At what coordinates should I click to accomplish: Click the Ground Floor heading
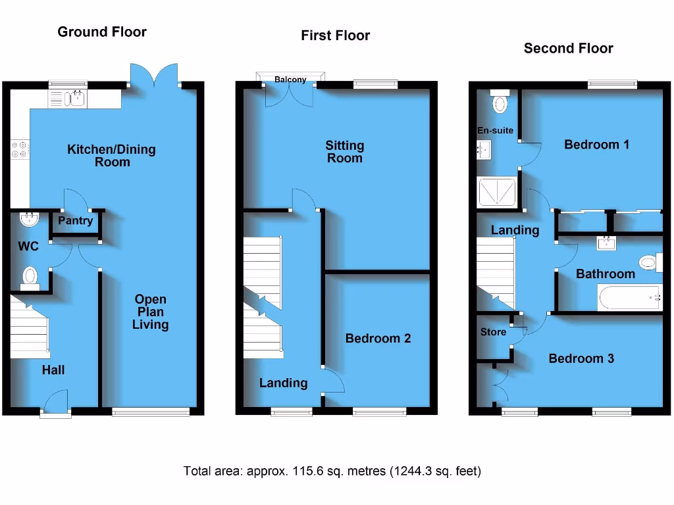coord(102,32)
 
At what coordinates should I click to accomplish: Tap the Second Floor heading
coord(568,48)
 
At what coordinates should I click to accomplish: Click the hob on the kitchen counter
coord(19,150)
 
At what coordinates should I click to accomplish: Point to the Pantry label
coord(76,221)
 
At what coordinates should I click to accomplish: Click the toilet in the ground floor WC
coord(30,277)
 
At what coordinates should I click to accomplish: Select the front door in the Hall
coord(56,402)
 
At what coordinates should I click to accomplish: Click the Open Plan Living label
coord(150,312)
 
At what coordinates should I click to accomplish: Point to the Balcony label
coord(290,80)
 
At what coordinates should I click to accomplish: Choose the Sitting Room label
coord(345,152)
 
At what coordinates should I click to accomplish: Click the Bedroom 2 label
coord(378,338)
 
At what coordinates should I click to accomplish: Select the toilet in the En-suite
coord(500,103)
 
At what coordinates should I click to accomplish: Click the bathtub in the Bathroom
coord(629,297)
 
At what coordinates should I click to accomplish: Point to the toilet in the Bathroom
coord(649,263)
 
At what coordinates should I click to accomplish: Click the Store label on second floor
coord(493,332)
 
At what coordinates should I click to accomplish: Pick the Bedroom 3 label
coord(581,358)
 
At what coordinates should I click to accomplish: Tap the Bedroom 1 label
coord(596,144)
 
